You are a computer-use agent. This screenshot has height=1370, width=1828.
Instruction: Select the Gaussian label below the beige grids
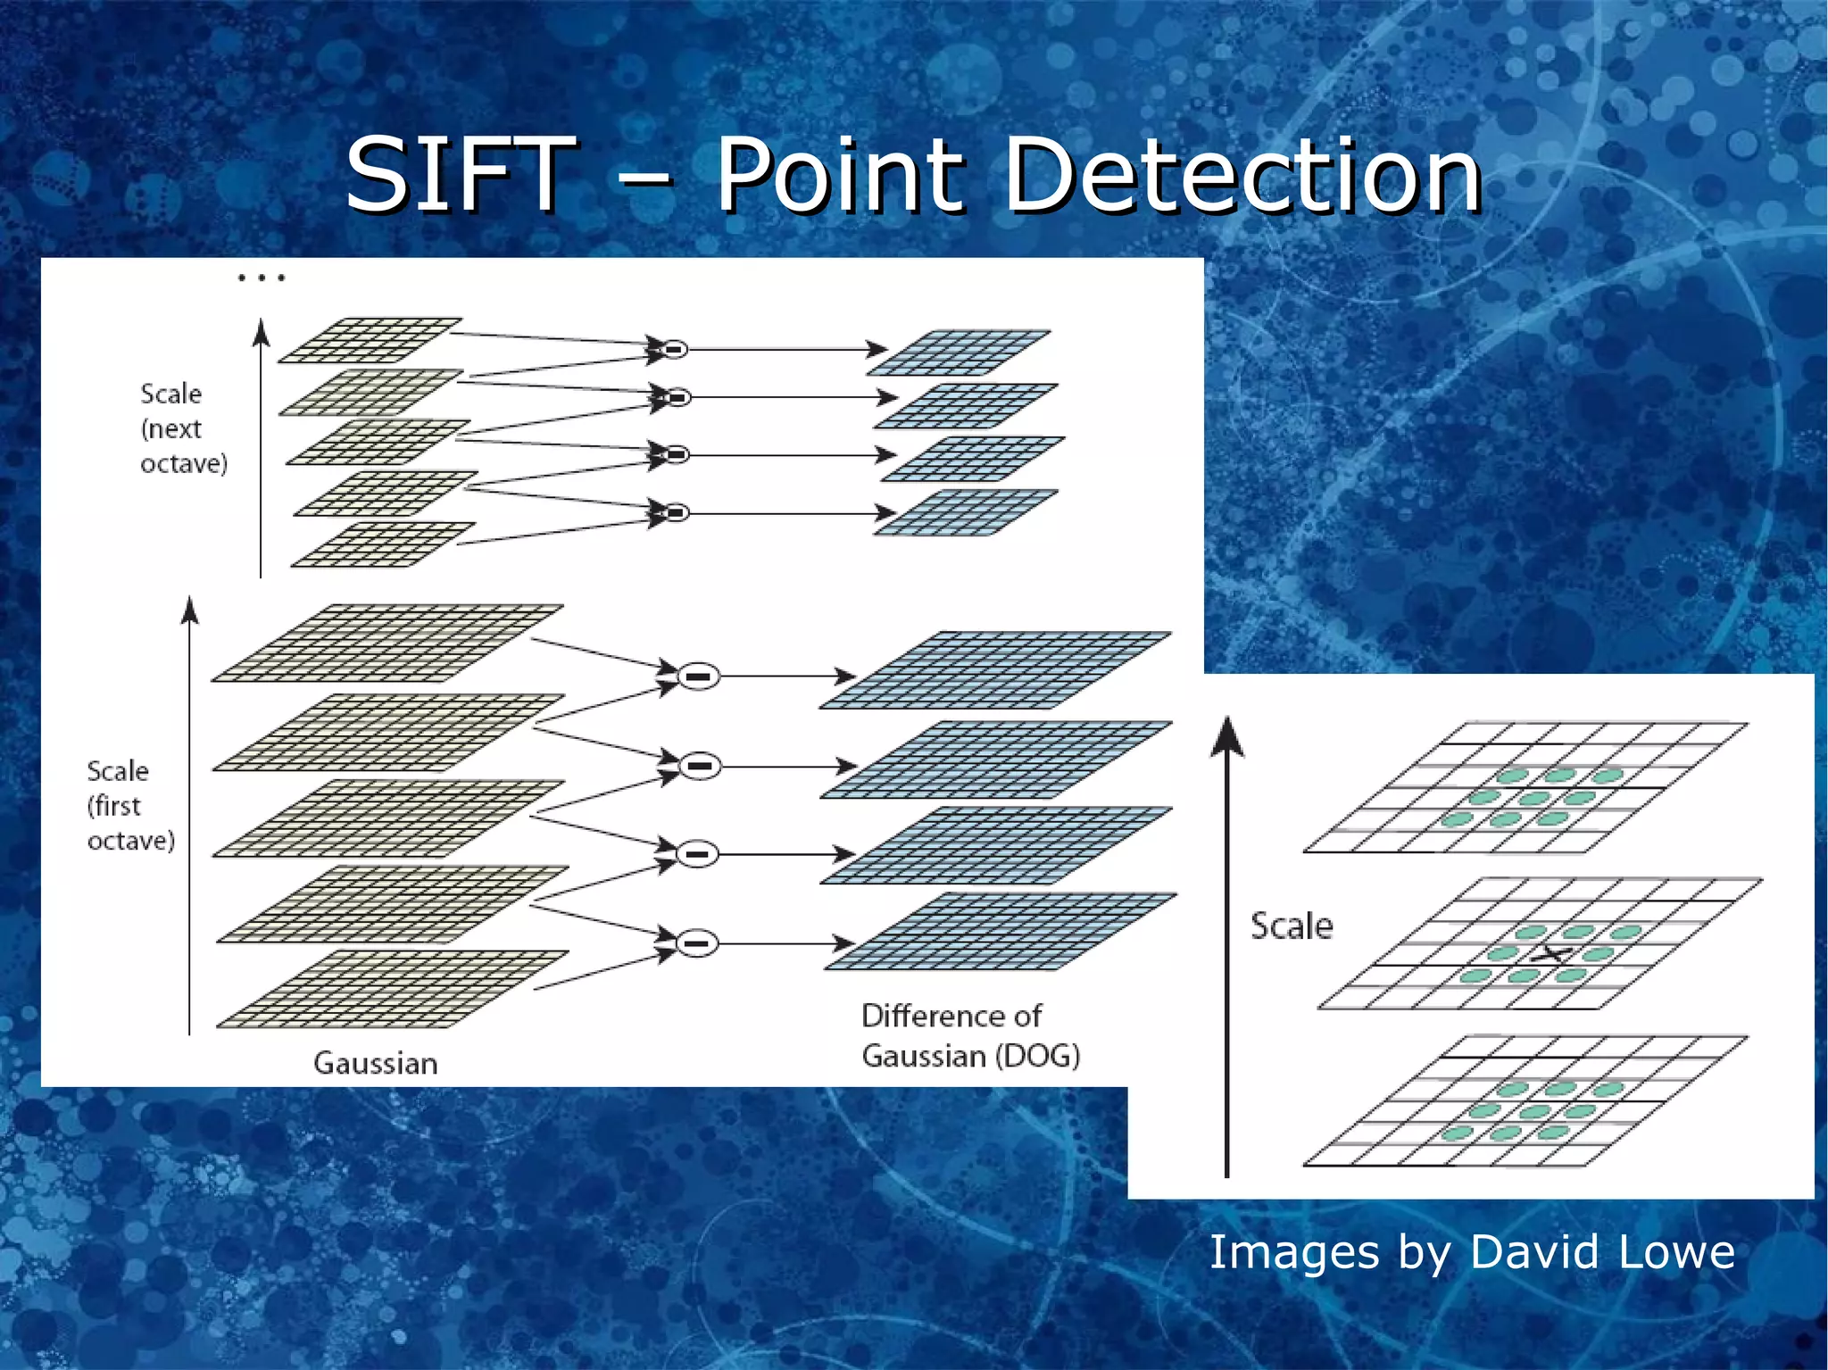375,1063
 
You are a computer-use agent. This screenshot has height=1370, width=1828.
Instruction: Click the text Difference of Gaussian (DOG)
969,1036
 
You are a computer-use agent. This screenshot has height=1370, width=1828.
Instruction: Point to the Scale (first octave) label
130,805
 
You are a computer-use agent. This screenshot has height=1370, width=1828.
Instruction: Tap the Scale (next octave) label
183,428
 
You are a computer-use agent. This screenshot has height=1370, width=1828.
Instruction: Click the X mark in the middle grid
1552,954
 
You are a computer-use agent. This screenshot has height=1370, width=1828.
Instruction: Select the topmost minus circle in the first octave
699,677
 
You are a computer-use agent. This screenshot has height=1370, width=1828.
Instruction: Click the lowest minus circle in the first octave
698,942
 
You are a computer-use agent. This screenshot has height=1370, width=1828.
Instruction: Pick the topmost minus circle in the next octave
675,349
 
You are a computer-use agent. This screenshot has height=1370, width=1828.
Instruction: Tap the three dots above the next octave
261,278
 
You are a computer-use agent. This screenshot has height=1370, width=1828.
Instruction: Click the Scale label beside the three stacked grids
1291,926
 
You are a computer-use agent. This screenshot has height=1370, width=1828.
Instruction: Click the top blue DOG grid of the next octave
959,353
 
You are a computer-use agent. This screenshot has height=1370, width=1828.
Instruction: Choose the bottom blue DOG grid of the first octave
1000,931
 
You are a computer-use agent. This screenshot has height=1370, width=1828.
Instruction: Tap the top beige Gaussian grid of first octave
386,643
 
